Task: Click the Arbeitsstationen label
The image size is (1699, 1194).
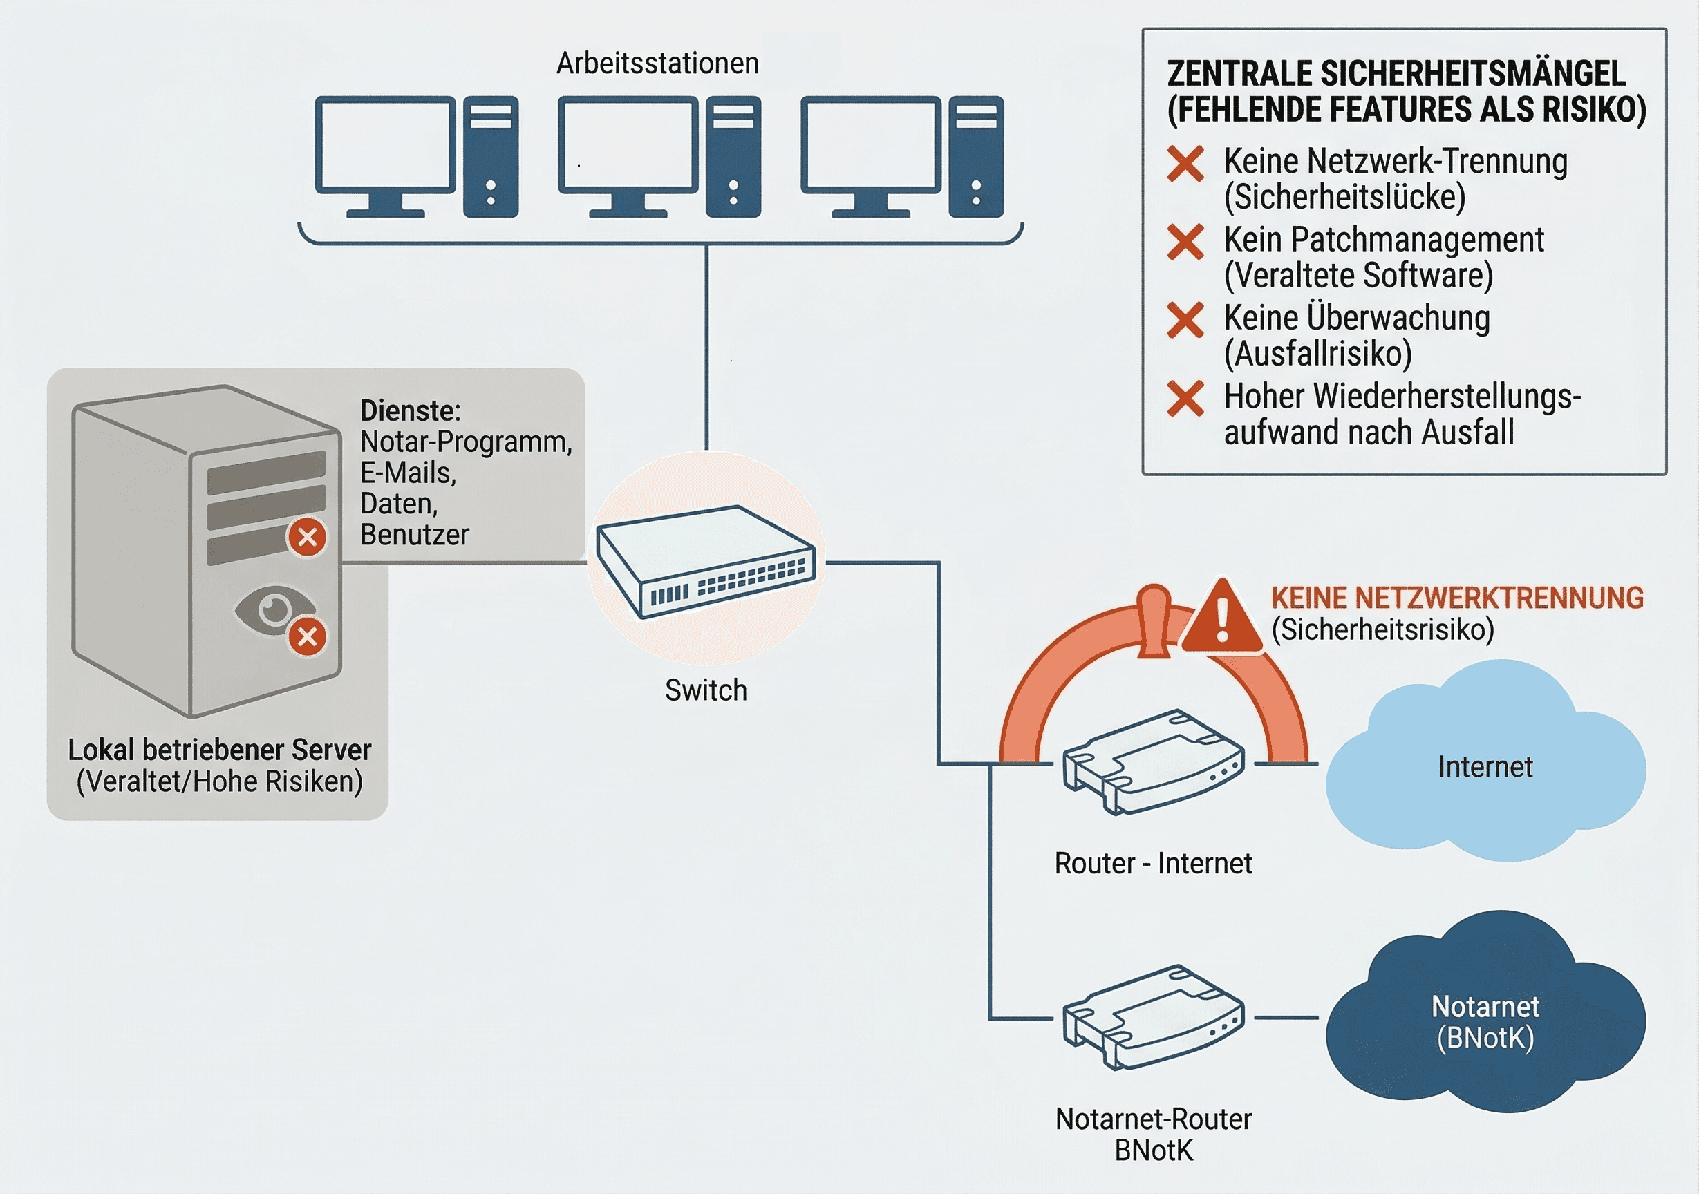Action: (x=657, y=64)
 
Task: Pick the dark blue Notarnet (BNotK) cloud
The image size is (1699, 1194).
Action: (x=1485, y=1021)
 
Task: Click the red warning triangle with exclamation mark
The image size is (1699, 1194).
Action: (x=1221, y=618)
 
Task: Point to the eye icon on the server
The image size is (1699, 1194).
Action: (x=273, y=609)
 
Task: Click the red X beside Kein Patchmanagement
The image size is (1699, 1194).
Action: (x=1185, y=242)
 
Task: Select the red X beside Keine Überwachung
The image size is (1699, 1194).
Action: (x=1185, y=321)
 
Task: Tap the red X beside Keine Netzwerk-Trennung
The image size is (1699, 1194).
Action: (x=1185, y=164)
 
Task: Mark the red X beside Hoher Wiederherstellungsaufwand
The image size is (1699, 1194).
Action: (x=1185, y=399)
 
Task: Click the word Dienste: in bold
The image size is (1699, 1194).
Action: (x=410, y=410)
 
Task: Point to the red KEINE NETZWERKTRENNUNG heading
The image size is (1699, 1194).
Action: (x=1457, y=598)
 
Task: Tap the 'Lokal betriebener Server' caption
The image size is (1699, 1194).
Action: (x=220, y=750)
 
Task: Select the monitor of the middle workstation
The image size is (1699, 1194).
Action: (x=628, y=146)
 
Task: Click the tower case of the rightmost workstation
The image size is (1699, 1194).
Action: (x=976, y=156)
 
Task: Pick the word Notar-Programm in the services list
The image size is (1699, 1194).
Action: (x=465, y=442)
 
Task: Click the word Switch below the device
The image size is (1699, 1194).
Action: (x=706, y=690)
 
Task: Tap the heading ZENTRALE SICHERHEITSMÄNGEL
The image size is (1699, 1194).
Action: (x=1396, y=74)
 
